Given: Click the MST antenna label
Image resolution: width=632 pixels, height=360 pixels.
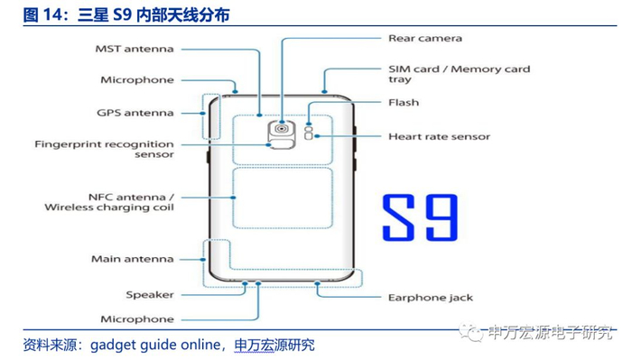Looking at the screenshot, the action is click(x=135, y=49).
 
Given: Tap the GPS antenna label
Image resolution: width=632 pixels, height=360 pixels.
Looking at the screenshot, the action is click(x=135, y=113).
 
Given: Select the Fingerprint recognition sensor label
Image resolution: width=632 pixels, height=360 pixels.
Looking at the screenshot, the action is click(x=104, y=149).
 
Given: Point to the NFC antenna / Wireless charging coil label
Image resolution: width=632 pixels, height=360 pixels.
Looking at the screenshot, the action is click(x=109, y=202).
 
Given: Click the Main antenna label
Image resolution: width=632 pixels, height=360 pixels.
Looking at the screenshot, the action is click(x=132, y=259).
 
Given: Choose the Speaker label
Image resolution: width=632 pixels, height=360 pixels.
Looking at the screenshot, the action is click(x=150, y=295).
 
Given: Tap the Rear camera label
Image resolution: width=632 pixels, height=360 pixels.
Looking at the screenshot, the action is click(x=425, y=38).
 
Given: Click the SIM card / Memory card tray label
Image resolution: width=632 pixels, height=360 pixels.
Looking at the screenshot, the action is click(x=459, y=74).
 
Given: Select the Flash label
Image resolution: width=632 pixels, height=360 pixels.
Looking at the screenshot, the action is click(x=404, y=103).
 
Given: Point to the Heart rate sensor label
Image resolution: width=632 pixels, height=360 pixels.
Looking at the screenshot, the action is click(x=440, y=137).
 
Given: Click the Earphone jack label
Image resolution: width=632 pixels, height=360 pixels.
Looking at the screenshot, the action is click(x=431, y=298).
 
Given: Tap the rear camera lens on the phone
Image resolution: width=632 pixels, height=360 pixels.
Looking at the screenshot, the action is click(x=282, y=129).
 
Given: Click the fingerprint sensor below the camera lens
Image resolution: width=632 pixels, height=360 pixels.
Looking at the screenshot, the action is click(x=282, y=143).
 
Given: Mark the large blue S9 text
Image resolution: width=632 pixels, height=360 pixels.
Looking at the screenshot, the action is click(x=420, y=217).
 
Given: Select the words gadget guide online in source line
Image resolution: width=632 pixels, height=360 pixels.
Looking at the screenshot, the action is click(x=155, y=345).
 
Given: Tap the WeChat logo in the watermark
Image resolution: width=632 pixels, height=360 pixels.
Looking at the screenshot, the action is click(x=471, y=332).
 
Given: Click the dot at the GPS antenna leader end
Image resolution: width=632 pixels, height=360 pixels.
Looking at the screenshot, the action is click(x=203, y=113).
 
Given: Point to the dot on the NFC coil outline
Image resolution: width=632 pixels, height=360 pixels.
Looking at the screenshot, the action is click(x=233, y=198).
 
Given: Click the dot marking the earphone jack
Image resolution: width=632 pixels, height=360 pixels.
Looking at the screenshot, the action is click(x=318, y=284).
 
